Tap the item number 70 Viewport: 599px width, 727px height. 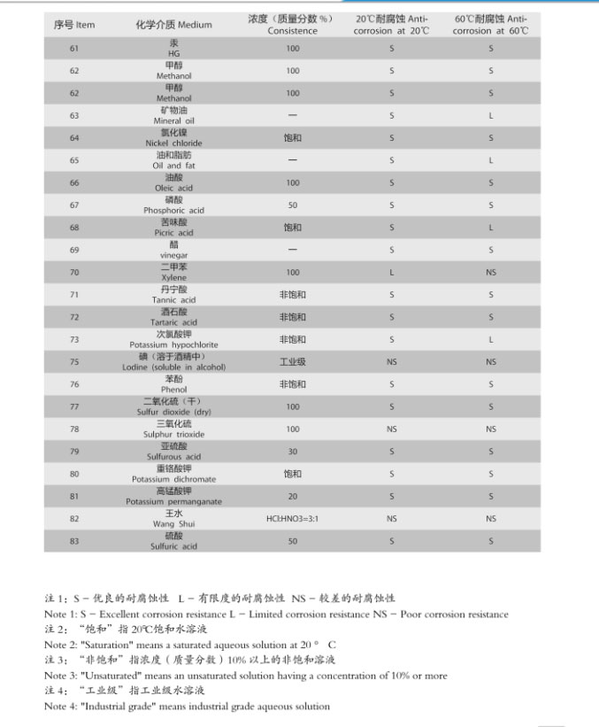[74, 273]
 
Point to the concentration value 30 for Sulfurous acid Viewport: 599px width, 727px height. [292, 452]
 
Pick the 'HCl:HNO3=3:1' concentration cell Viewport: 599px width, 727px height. [292, 519]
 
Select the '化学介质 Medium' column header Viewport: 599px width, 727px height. [173, 25]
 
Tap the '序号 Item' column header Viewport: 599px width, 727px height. [74, 25]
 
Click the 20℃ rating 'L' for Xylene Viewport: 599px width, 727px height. [392, 273]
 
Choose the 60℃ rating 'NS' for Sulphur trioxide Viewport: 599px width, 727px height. [491, 429]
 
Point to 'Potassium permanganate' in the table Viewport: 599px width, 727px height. [173, 502]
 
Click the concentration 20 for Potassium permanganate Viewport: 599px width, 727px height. [292, 497]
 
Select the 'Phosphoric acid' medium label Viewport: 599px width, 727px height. [173, 211]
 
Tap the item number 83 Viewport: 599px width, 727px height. [74, 541]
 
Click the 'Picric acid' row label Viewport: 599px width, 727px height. [173, 233]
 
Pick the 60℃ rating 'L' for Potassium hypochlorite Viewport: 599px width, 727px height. [491, 340]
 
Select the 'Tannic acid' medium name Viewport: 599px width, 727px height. [173, 300]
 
